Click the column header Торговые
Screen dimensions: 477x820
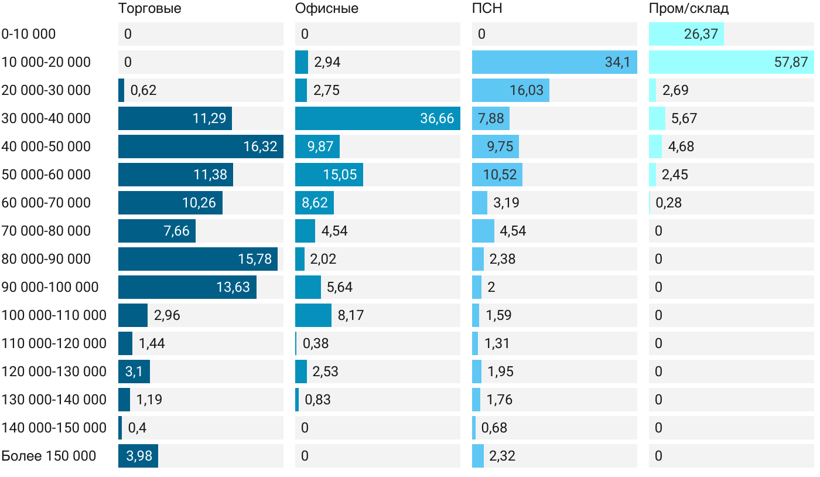pyautogui.click(x=149, y=9)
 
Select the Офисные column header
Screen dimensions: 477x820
pyautogui.click(x=326, y=9)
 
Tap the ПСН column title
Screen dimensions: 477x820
pyautogui.click(x=487, y=9)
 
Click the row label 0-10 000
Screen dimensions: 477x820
pyautogui.click(x=29, y=34)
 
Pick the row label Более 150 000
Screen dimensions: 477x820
pyautogui.click(x=49, y=456)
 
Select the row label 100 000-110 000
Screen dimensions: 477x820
pyautogui.click(x=54, y=315)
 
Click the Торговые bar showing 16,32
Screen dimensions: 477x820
pyautogui.click(x=200, y=146)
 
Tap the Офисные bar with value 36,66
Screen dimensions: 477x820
pyautogui.click(x=377, y=118)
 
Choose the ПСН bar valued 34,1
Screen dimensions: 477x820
pyautogui.click(x=554, y=62)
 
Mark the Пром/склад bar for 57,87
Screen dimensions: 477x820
pyautogui.click(x=731, y=62)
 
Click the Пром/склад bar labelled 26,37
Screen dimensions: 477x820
pyautogui.click(x=686, y=34)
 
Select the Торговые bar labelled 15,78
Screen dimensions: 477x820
pyautogui.click(x=198, y=259)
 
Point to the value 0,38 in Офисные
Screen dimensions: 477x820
pyautogui.click(x=316, y=343)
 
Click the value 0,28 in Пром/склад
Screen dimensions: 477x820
pyautogui.click(x=669, y=203)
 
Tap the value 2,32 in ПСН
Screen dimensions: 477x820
pyautogui.click(x=503, y=456)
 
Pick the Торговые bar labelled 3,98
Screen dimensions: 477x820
pyautogui.click(x=138, y=456)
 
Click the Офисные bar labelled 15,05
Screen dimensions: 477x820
pyautogui.click(x=329, y=175)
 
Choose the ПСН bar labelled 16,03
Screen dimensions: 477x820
pyautogui.click(x=510, y=90)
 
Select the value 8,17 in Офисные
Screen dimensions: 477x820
pyautogui.click(x=351, y=315)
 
